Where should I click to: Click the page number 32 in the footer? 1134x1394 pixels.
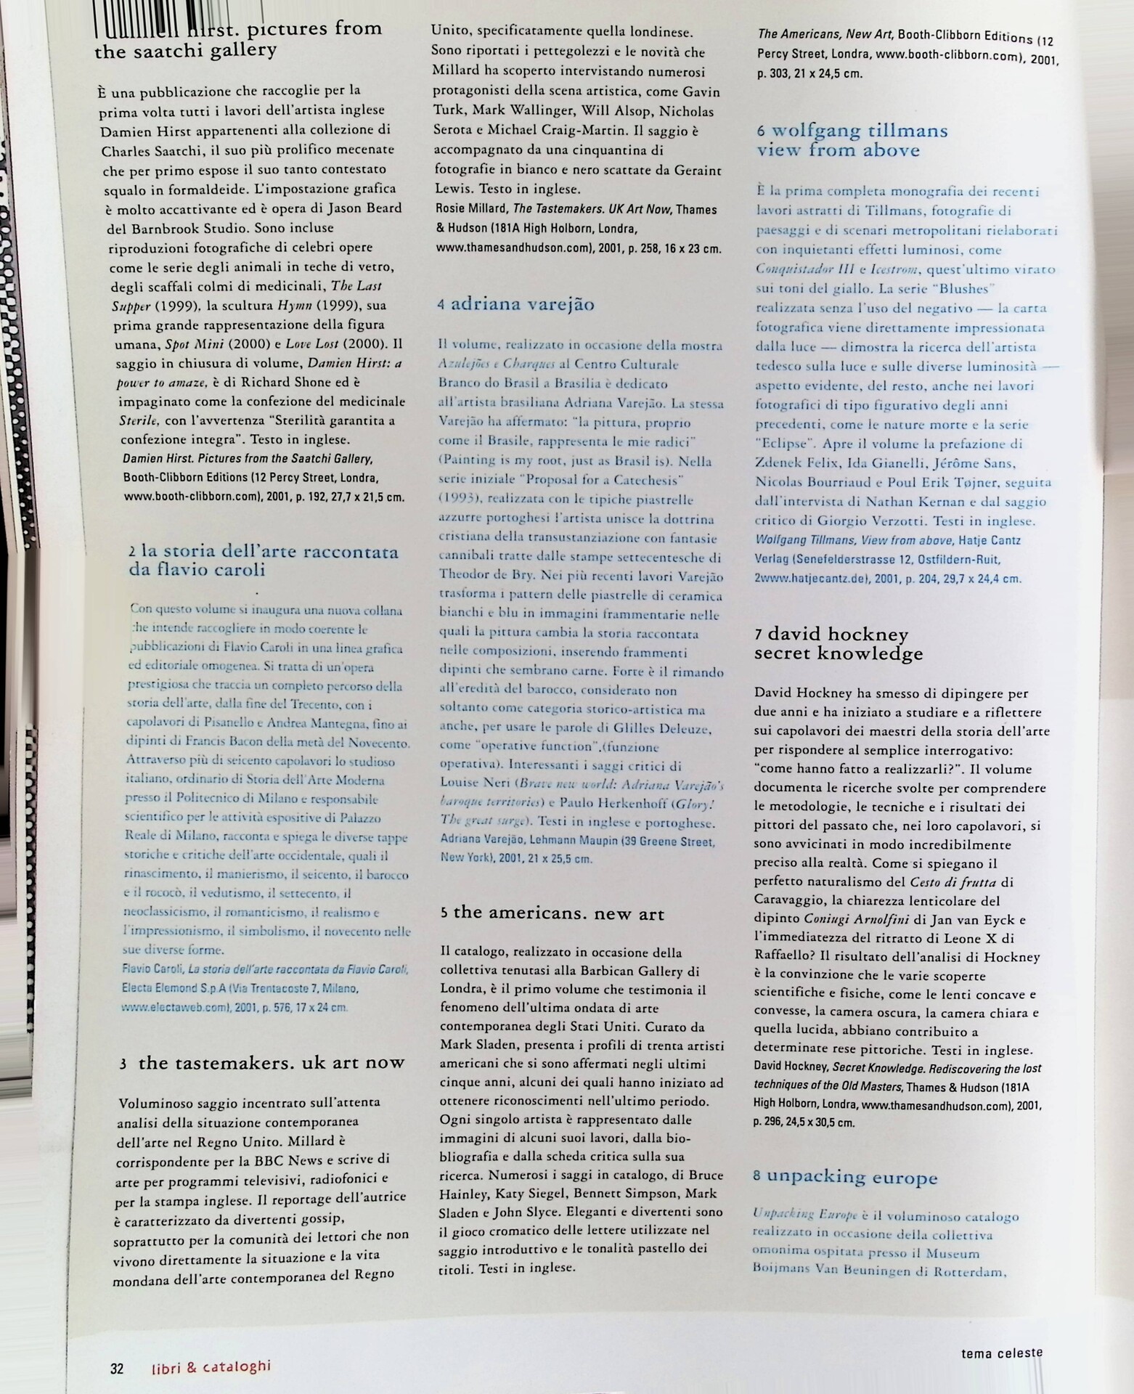pyautogui.click(x=117, y=1369)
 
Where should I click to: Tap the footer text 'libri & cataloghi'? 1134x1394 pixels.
pyautogui.click(x=211, y=1367)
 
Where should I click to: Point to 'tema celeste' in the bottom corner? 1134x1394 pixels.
pyautogui.click(x=1001, y=1353)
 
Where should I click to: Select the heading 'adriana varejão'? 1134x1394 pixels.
pyautogui.click(x=523, y=304)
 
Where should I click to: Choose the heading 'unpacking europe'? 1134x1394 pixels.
pyautogui.click(x=852, y=1177)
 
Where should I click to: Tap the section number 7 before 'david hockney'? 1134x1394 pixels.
pyautogui.click(x=759, y=635)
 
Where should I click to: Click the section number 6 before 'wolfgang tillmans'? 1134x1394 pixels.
pyautogui.click(x=761, y=132)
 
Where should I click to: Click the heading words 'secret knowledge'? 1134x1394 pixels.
pyautogui.click(x=839, y=653)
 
